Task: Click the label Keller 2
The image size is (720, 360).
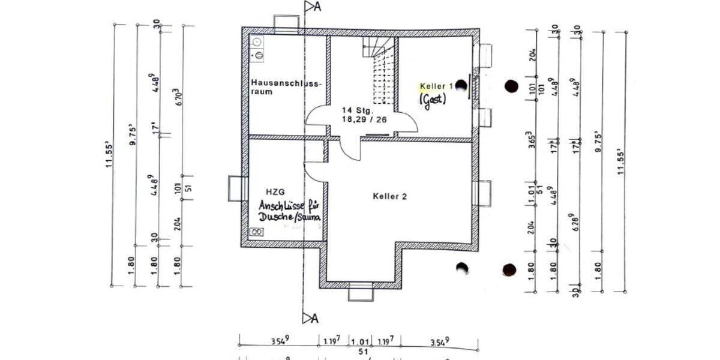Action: [390, 196]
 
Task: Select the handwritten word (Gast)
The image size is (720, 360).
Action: [433, 100]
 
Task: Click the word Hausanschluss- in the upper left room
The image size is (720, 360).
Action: [287, 83]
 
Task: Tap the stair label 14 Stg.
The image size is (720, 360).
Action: [358, 111]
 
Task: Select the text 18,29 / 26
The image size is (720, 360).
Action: [365, 120]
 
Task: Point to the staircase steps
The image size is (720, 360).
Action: [382, 72]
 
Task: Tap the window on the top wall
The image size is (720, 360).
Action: [286, 22]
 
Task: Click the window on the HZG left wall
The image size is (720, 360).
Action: [238, 188]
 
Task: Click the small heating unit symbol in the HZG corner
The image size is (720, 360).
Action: [256, 232]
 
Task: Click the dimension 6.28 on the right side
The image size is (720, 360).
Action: [577, 221]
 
